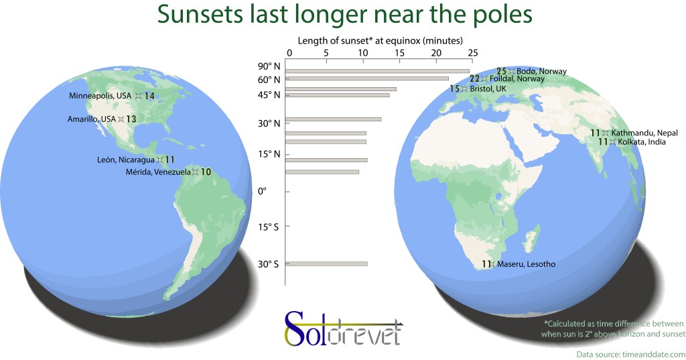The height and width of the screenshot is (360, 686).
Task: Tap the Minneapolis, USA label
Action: (x=100, y=95)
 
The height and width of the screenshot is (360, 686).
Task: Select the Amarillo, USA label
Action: (x=91, y=119)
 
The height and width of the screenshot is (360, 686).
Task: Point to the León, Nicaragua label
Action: (x=126, y=160)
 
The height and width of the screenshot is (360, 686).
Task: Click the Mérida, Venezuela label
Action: (x=158, y=172)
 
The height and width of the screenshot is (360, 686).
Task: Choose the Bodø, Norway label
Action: (x=541, y=71)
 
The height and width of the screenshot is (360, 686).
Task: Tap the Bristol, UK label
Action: (x=488, y=89)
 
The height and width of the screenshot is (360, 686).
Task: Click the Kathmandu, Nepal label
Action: (x=644, y=133)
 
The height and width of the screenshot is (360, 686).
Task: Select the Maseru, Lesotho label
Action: (x=527, y=264)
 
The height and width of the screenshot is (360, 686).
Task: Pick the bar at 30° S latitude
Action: (x=326, y=263)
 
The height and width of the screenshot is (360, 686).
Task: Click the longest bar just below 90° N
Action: (x=378, y=71)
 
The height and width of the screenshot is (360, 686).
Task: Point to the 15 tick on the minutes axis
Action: (x=399, y=53)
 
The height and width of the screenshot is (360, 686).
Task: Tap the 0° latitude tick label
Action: (x=262, y=191)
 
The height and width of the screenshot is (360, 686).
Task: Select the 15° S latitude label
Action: (x=268, y=227)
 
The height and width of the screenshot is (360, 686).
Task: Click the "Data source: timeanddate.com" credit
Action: (x=631, y=355)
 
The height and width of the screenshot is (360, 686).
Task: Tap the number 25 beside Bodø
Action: (x=501, y=71)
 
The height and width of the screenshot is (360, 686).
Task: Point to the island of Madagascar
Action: (x=531, y=239)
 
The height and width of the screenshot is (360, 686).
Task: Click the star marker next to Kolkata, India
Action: (x=612, y=142)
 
